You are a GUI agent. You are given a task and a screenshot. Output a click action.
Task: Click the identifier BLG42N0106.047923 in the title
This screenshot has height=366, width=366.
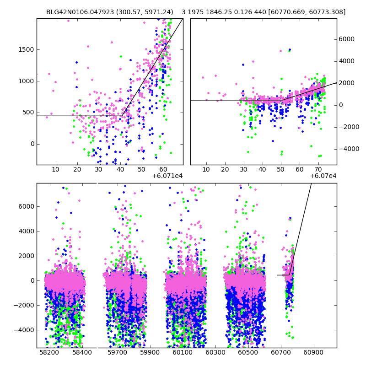pyautogui.click(x=76, y=12)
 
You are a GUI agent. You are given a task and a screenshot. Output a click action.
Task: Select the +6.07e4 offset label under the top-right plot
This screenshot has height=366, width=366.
pyautogui.click(x=323, y=176)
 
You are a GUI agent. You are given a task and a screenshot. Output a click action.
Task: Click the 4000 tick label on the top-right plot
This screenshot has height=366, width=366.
pyautogui.click(x=346, y=61)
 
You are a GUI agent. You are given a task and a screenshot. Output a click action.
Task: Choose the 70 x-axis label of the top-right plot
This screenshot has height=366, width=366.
pyautogui.click(x=318, y=170)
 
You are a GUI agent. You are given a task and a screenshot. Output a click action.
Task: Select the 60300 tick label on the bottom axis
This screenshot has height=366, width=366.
pyautogui.click(x=215, y=353)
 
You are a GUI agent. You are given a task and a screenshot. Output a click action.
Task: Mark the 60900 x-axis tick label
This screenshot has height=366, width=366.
pyautogui.click(x=314, y=353)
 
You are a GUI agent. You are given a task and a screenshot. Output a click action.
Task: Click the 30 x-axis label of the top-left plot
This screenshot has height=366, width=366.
pyautogui.click(x=98, y=170)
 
